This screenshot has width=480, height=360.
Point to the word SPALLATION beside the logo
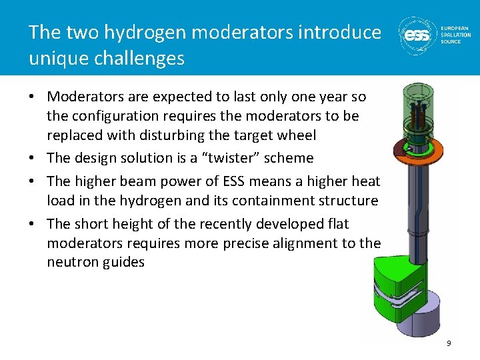tap(456, 35)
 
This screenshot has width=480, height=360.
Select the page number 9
tap(449, 343)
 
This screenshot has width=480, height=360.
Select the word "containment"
tap(275, 201)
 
